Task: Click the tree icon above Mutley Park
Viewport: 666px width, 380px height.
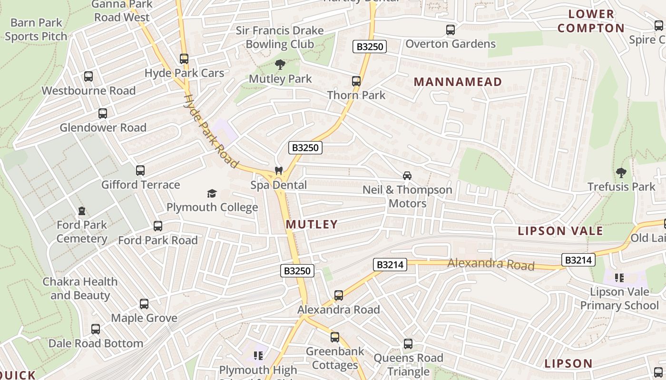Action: (280, 65)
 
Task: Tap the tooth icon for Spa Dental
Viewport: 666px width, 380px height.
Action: (279, 171)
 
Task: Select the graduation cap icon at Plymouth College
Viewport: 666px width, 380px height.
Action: (212, 193)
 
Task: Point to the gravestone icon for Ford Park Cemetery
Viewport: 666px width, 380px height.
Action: (82, 210)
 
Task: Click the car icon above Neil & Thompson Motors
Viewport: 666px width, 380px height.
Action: (407, 176)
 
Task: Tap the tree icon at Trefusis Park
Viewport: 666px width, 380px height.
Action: (621, 172)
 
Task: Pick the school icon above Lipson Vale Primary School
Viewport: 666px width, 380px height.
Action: (619, 277)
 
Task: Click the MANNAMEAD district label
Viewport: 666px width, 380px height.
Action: (458, 82)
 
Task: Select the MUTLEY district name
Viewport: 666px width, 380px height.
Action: (312, 224)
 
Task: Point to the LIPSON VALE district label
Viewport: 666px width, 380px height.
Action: (560, 231)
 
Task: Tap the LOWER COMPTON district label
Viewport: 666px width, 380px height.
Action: (591, 21)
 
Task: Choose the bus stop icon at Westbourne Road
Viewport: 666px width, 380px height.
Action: (88, 76)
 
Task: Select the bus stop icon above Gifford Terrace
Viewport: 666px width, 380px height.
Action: (140, 171)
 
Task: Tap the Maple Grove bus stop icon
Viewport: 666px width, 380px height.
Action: (144, 304)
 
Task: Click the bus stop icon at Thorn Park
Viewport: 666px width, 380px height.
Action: (356, 81)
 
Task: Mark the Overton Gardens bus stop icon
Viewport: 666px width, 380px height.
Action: (450, 30)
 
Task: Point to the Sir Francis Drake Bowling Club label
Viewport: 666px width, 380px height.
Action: (280, 38)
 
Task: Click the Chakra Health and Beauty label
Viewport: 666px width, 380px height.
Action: (80, 288)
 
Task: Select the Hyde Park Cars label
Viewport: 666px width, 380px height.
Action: (184, 73)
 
